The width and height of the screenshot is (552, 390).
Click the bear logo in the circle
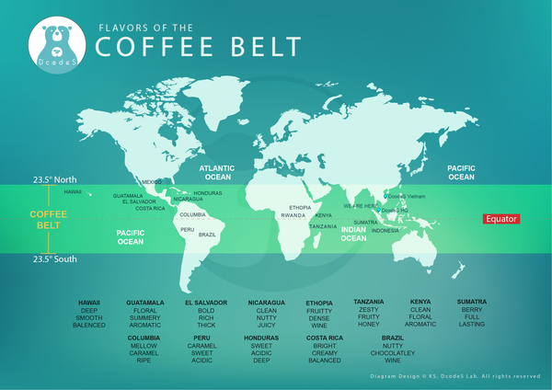click(x=59, y=44)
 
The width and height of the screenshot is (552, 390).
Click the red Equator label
click(x=501, y=219)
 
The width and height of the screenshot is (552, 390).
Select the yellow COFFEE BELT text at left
click(x=46, y=219)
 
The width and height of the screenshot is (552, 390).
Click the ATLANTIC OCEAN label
click(x=217, y=172)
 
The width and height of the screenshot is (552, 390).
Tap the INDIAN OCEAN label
click(x=353, y=234)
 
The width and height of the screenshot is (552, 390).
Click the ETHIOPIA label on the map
click(x=300, y=208)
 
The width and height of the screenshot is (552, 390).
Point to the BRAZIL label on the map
click(x=208, y=235)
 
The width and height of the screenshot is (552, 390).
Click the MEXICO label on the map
click(x=151, y=181)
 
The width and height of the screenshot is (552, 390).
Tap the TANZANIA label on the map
click(x=323, y=226)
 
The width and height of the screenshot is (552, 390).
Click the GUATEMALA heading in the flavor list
click(x=145, y=302)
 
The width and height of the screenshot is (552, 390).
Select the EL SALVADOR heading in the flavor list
click(x=205, y=302)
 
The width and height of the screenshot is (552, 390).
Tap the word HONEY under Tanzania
click(x=368, y=324)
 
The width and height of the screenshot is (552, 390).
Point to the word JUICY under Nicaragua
click(x=267, y=325)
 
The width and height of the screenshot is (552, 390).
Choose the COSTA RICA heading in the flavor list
click(x=325, y=338)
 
